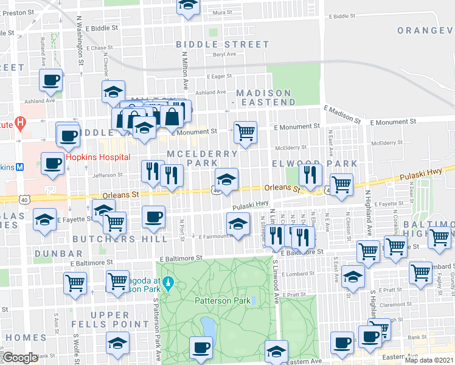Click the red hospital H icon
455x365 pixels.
pos(21,124)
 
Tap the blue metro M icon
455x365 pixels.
pos(19,167)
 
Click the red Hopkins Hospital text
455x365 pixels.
pos(97,157)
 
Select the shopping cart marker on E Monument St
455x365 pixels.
pos(245,132)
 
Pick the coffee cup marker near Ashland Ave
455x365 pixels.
pos(51,80)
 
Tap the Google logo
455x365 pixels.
pos(20,358)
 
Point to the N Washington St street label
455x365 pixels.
pos(80,49)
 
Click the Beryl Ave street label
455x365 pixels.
pos(223,54)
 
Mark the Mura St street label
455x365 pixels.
pos(223,12)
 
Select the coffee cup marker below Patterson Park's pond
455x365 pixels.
pos(201,349)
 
